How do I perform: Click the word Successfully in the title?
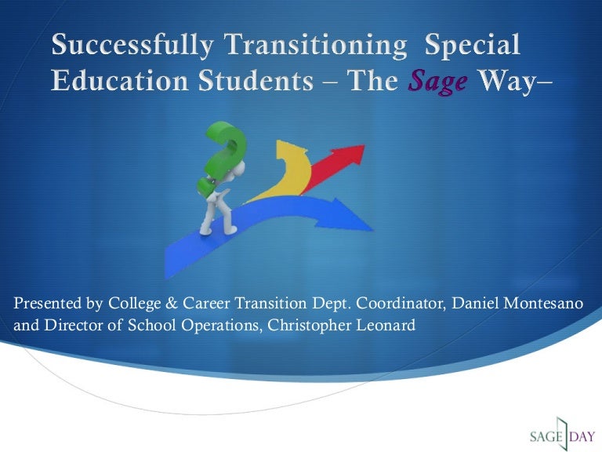click(131, 46)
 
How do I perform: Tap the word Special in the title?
click(472, 46)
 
